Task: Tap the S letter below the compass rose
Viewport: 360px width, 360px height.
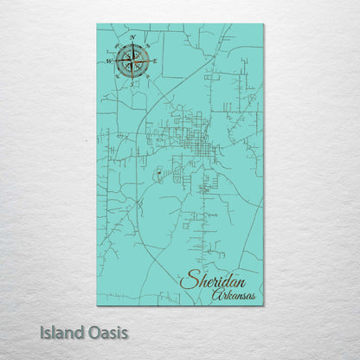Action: (132, 84)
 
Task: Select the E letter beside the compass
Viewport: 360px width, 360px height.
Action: (156, 61)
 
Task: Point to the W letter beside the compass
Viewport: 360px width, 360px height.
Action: (109, 61)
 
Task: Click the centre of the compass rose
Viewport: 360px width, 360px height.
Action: (132, 61)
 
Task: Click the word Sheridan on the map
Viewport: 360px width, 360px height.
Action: (213, 280)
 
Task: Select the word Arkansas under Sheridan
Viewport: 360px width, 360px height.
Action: (233, 296)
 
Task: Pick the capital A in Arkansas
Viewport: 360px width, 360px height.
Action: (215, 296)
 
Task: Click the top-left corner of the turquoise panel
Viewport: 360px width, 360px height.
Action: (98, 25)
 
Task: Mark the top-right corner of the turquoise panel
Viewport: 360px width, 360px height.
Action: (264, 25)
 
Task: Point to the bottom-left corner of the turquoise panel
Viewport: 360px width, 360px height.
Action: (98, 305)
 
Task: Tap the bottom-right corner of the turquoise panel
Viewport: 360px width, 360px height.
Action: (264, 305)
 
